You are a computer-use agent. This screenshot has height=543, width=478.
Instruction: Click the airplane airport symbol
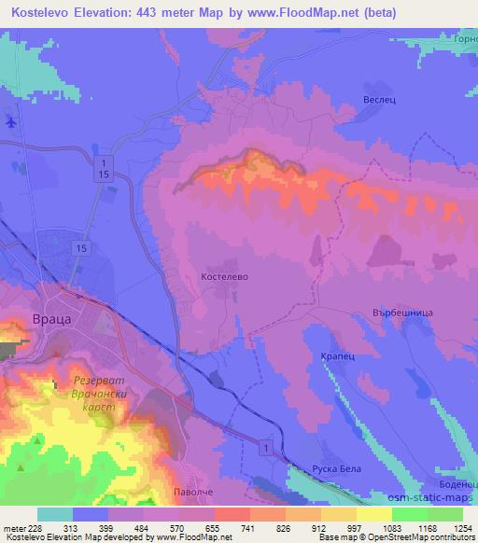coord(10,122)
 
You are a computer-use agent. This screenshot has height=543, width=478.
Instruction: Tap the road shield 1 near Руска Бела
coord(269,450)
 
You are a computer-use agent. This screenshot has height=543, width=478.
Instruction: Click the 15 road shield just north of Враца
coord(82,247)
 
